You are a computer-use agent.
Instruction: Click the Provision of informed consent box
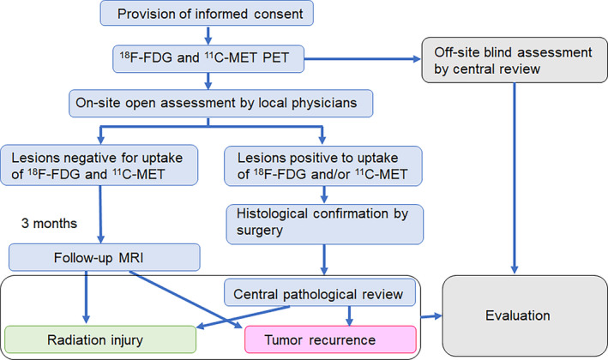pos(207,14)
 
